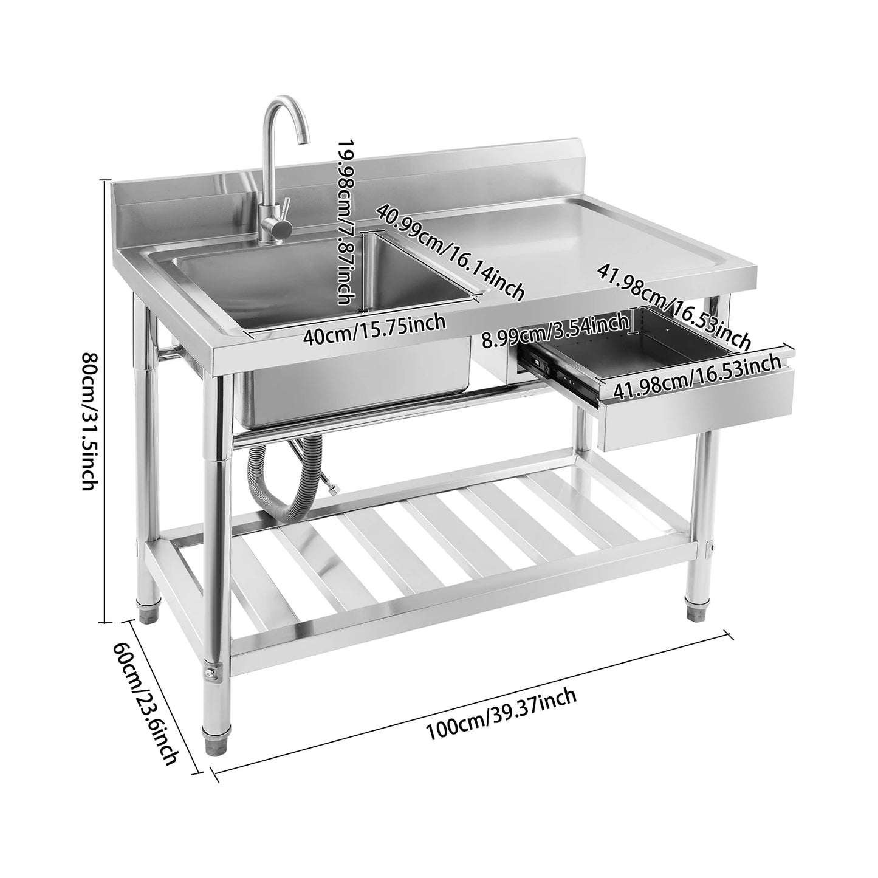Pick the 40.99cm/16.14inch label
[x=450, y=251]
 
